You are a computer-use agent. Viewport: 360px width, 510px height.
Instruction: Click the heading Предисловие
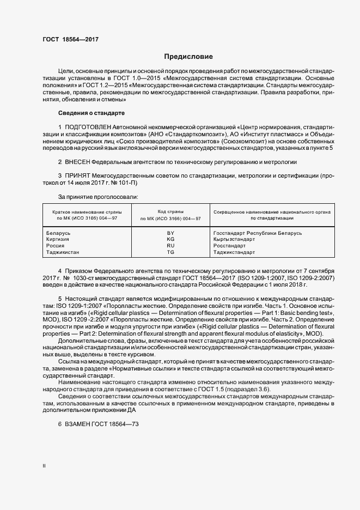[x=188, y=57]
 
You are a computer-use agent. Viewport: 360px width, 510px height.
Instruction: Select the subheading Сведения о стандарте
[x=91, y=113]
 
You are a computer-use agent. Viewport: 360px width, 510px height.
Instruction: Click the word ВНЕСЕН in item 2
[x=77, y=162]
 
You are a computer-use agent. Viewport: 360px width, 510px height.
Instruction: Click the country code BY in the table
[x=170, y=233]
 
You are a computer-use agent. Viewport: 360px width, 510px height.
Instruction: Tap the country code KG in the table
[x=170, y=239]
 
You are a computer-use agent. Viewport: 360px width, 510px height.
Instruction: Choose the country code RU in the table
[x=170, y=246]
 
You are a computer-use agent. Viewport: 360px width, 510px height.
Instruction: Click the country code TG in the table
[x=170, y=252]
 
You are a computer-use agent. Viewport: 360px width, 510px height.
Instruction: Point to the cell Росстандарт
[x=229, y=246]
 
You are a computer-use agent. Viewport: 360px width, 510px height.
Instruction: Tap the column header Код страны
[x=170, y=211]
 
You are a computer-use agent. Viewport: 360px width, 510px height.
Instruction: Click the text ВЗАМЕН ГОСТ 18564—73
[x=98, y=425]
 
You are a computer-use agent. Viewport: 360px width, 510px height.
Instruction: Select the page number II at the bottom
[x=44, y=467]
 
